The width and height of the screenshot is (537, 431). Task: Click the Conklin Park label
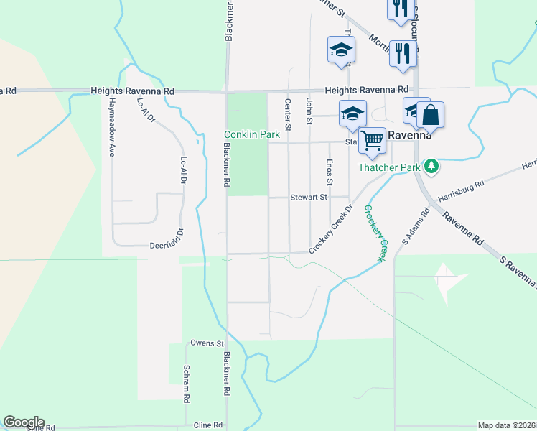(251, 134)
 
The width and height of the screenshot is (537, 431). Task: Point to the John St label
(309, 111)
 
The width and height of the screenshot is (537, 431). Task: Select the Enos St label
(330, 171)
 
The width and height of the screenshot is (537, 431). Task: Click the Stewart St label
(309, 197)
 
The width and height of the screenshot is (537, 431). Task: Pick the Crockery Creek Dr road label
(332, 230)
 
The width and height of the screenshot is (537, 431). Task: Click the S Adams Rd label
(415, 227)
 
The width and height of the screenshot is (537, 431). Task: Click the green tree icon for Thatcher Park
(431, 167)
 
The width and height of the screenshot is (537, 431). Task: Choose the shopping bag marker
(430, 114)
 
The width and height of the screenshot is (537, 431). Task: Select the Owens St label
(207, 344)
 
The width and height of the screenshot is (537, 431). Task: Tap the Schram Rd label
(186, 384)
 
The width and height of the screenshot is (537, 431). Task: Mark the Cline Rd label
(208, 425)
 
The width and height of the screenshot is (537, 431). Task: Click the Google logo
(24, 422)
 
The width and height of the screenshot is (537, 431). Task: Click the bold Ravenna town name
(409, 134)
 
